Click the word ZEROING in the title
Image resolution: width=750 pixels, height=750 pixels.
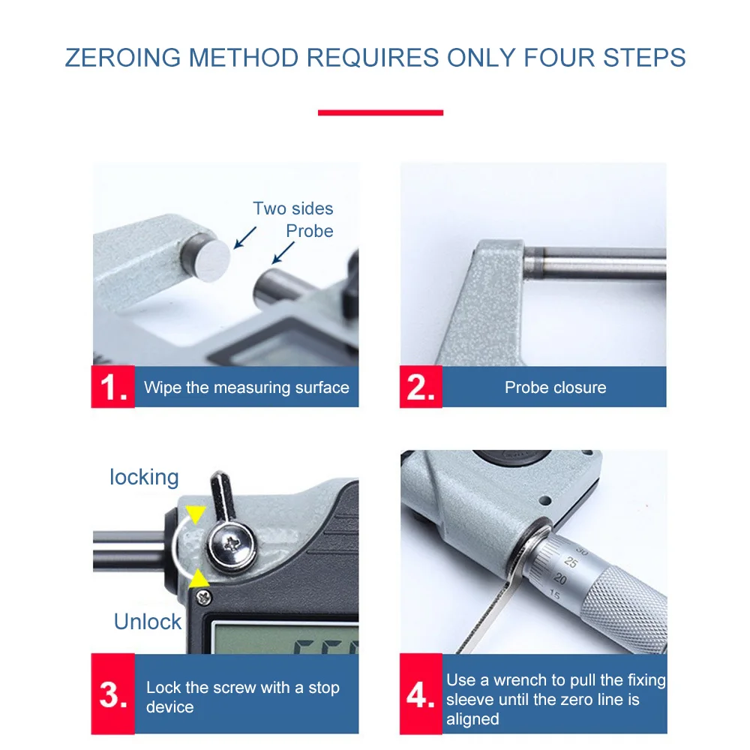[123, 58]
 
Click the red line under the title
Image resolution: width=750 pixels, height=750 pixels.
[380, 113]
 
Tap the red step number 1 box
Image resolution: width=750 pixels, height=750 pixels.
[113, 386]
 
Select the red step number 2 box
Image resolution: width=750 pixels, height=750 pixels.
[421, 386]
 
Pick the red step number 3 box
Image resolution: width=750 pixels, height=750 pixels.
[113, 694]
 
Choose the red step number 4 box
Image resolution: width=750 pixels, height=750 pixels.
[421, 694]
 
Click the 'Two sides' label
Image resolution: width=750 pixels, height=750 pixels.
[292, 208]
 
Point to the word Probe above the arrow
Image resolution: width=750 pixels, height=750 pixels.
[310, 231]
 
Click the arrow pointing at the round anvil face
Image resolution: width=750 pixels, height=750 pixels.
[245, 237]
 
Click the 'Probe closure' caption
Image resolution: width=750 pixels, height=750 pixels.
[555, 388]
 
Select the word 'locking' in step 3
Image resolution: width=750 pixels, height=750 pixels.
[144, 477]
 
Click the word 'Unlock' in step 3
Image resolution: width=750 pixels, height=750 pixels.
[147, 622]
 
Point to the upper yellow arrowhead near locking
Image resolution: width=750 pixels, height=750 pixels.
[195, 514]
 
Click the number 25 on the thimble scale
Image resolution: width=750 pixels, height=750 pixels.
[571, 562]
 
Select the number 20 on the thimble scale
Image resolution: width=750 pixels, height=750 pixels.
[559, 579]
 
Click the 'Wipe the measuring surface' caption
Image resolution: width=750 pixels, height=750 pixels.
[246, 388]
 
